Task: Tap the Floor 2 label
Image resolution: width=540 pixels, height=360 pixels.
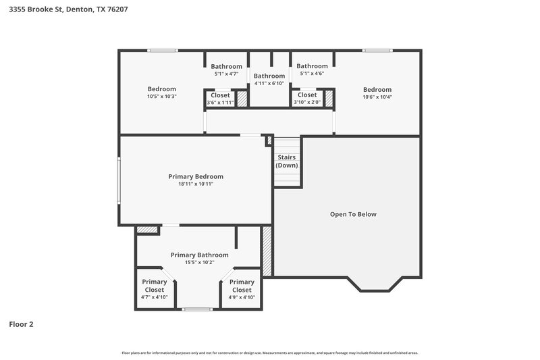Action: click(21, 324)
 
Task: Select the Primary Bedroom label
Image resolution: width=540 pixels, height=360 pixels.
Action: click(196, 176)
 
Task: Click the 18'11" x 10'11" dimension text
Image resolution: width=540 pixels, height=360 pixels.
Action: click(196, 184)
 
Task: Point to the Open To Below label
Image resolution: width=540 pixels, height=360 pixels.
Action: click(353, 214)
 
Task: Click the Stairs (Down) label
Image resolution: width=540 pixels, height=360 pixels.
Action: click(286, 161)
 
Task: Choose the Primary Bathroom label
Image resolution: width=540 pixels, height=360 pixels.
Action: click(199, 255)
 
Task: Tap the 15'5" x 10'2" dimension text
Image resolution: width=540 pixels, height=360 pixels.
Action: click(199, 263)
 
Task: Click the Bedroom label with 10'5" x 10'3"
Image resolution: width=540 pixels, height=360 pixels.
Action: click(162, 89)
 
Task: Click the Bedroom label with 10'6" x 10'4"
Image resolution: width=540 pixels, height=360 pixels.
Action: click(377, 90)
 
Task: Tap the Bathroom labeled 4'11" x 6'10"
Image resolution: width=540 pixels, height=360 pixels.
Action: click(269, 76)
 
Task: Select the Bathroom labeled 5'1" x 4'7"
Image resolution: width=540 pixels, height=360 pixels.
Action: click(226, 66)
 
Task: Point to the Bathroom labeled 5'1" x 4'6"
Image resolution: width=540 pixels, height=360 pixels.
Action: click(312, 66)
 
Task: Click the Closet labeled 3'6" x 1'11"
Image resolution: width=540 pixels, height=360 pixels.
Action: click(220, 95)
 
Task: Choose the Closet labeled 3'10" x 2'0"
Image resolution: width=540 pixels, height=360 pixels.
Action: click(307, 95)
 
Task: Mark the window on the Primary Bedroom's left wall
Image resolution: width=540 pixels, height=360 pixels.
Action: click(119, 180)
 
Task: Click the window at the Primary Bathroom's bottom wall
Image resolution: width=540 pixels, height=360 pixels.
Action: click(197, 309)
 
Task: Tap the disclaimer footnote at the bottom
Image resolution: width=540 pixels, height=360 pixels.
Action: click(270, 353)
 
